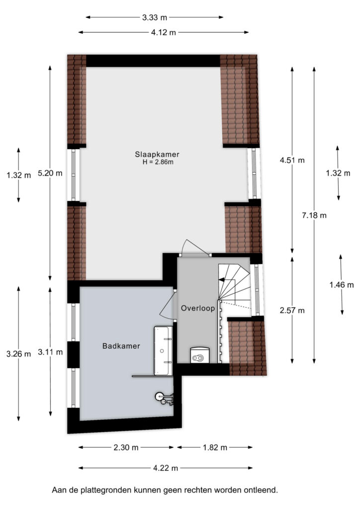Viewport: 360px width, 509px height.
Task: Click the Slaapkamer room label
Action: [157, 155]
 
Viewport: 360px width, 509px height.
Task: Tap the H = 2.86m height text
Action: [158, 163]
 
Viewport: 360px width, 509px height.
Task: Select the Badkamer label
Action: [121, 346]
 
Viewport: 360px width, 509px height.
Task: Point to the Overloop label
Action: [198, 308]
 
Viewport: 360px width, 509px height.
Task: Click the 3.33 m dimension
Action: [155, 17]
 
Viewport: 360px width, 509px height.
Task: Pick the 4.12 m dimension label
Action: [163, 32]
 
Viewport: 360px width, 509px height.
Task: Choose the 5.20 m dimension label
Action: [50, 173]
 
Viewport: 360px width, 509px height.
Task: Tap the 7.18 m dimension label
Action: [314, 215]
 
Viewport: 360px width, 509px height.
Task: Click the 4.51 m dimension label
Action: [292, 160]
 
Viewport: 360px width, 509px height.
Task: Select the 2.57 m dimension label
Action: [292, 311]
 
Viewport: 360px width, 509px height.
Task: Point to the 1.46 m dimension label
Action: [342, 285]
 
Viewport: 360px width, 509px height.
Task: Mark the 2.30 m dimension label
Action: [126, 448]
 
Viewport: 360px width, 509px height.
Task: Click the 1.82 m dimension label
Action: [215, 448]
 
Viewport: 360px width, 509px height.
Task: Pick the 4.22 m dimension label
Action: [166, 468]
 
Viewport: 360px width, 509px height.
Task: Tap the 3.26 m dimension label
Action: [18, 354]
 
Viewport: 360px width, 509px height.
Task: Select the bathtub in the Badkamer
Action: [163, 350]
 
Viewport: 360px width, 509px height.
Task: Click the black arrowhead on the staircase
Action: [222, 279]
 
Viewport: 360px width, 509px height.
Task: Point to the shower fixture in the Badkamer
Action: [164, 398]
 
